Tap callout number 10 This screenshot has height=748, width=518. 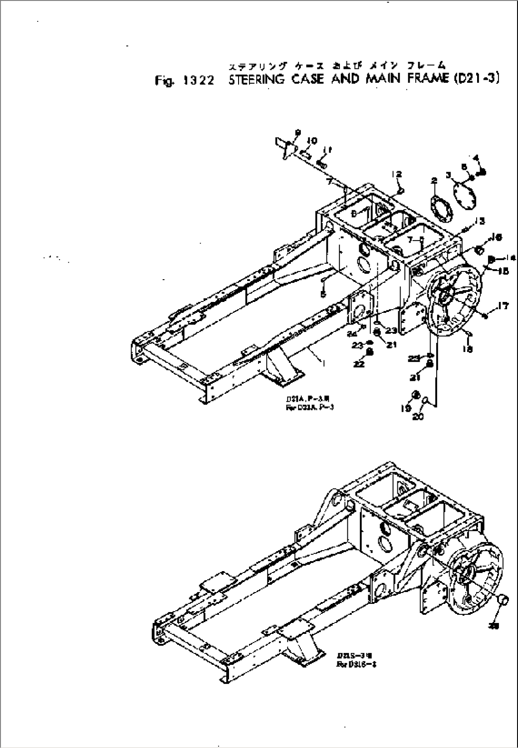(311, 141)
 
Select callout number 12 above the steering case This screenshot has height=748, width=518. (397, 174)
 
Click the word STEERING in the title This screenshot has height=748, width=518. (256, 80)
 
